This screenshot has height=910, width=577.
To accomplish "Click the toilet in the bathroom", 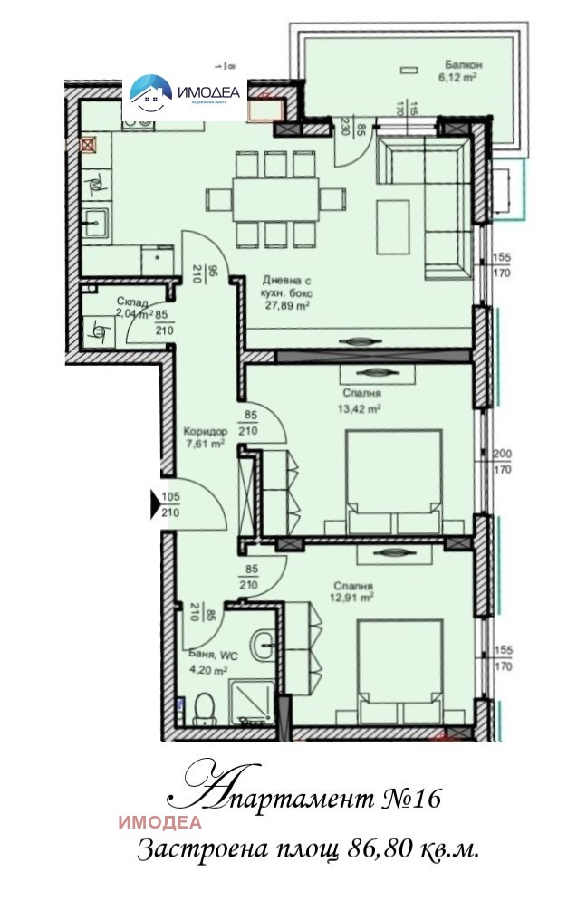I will click(206, 706).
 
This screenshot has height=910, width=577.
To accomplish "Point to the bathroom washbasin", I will click(264, 646).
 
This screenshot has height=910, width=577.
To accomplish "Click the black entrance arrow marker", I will click(156, 505).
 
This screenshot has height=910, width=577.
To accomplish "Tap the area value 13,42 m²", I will click(361, 407).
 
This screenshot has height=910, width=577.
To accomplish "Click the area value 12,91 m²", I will click(353, 598).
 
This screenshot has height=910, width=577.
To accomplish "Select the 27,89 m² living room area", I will click(287, 306).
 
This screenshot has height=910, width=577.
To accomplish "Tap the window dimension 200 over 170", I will click(502, 461).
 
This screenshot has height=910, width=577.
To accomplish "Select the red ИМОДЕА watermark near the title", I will click(159, 823).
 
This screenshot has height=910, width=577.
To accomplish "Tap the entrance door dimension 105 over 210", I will click(171, 504).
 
